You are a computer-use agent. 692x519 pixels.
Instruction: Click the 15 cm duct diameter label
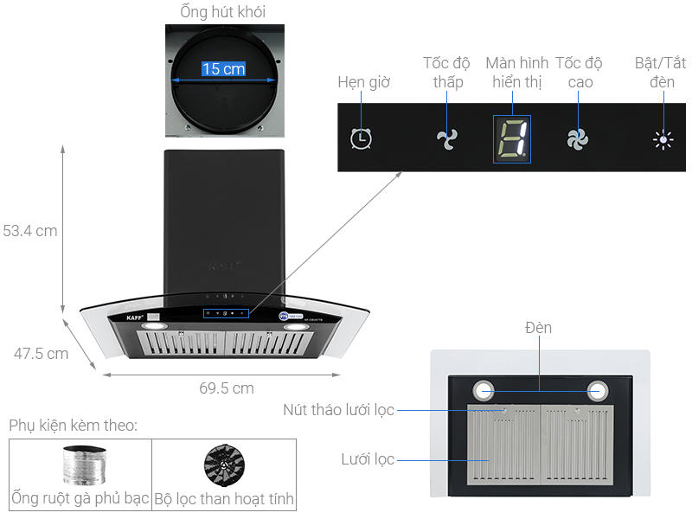click(223, 68)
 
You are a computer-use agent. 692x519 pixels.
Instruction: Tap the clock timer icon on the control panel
click(362, 138)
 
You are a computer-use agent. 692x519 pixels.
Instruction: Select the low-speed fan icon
click(446, 138)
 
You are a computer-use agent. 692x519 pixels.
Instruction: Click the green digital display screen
click(511, 138)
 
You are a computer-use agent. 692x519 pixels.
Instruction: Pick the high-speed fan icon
click(577, 138)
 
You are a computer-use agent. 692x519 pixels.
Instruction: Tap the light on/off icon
click(663, 139)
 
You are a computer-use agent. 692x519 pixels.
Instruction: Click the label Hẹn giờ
click(364, 82)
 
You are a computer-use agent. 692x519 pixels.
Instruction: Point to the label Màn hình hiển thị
click(517, 73)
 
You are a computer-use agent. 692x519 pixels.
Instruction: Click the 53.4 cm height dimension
click(30, 231)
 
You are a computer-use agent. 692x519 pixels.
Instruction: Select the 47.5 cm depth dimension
click(41, 353)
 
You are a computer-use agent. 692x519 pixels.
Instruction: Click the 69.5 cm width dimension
click(227, 388)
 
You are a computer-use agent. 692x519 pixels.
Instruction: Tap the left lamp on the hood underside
click(485, 391)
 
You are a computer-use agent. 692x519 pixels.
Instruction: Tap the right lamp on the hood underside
click(598, 391)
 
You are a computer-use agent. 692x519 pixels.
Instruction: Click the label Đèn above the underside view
click(537, 328)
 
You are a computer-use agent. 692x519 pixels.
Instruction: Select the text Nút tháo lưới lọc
click(339, 409)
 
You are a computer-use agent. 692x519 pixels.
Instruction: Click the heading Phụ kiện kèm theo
click(74, 426)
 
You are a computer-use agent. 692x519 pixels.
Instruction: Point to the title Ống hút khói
click(223, 12)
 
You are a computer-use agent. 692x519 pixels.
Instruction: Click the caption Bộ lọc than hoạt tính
click(224, 499)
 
